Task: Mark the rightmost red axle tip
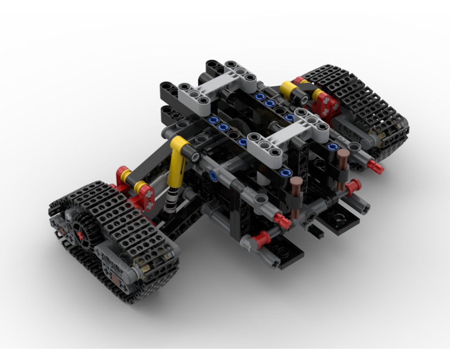[x=375, y=167]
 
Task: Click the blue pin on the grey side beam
[x=214, y=175]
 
